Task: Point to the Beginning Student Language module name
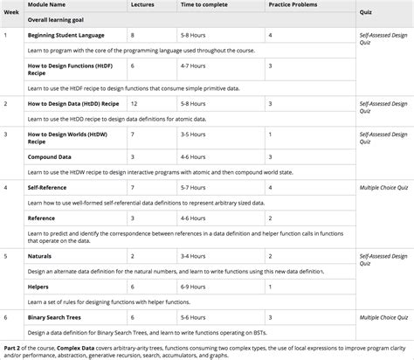pyautogui.click(x=66, y=35)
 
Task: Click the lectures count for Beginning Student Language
pyautogui.click(x=132, y=35)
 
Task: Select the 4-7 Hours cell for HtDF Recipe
pyautogui.click(x=193, y=66)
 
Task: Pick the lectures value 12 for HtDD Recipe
pyautogui.click(x=134, y=103)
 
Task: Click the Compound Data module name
pyautogui.click(x=50, y=156)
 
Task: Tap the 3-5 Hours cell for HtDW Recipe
pyautogui.click(x=193, y=135)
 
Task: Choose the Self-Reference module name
pyautogui.click(x=49, y=187)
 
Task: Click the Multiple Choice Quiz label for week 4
pyautogui.click(x=383, y=187)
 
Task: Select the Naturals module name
pyautogui.click(x=40, y=256)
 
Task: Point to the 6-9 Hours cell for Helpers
pyautogui.click(x=193, y=286)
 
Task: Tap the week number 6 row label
pyautogui.click(x=6, y=316)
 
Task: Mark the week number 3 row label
pyautogui.click(x=6, y=135)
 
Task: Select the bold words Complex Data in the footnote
pyautogui.click(x=76, y=346)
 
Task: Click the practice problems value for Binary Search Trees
pyautogui.click(x=270, y=316)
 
